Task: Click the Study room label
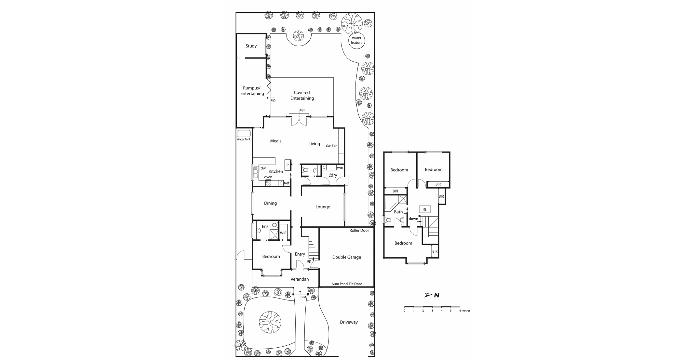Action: (x=251, y=46)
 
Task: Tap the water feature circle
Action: (x=356, y=41)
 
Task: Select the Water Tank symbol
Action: (x=244, y=134)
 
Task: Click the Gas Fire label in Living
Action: (x=331, y=146)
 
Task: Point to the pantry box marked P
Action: (x=288, y=165)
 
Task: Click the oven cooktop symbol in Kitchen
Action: (x=268, y=183)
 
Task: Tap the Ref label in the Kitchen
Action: (x=287, y=183)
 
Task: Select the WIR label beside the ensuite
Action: (x=283, y=233)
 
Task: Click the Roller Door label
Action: (x=359, y=231)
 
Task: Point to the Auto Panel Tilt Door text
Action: (x=346, y=284)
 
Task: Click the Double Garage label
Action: (x=346, y=257)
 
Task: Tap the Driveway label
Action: (x=349, y=322)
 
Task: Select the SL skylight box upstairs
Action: (x=425, y=210)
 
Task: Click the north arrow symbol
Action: (x=429, y=295)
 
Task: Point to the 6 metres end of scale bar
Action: (x=460, y=307)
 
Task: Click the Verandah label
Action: (x=299, y=279)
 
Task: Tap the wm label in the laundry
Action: (x=340, y=168)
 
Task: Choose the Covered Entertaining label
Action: (x=302, y=95)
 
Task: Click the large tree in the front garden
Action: (x=270, y=322)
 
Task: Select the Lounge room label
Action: (x=322, y=207)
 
